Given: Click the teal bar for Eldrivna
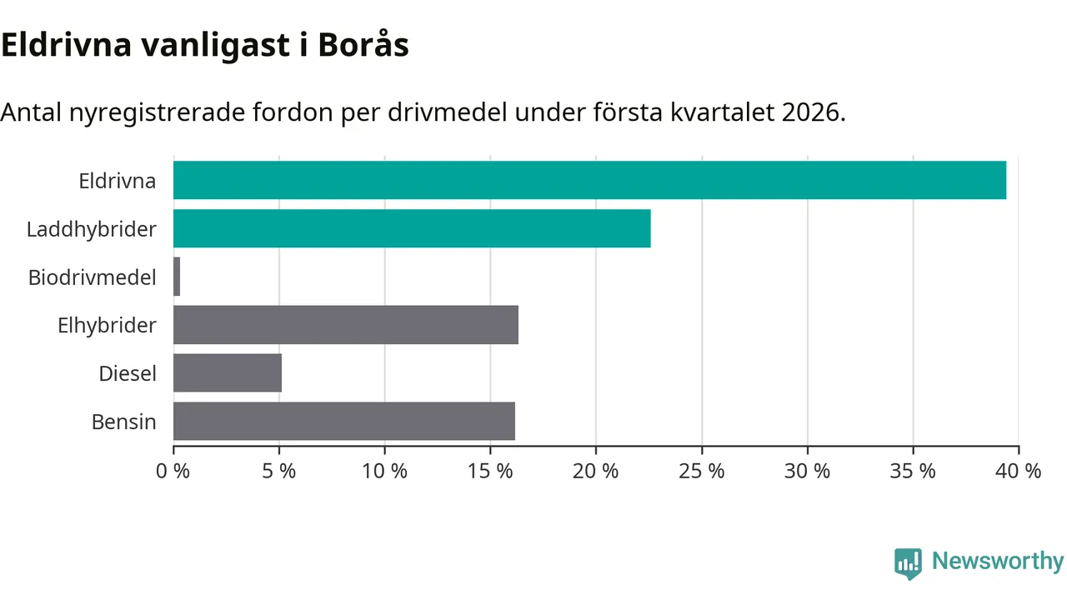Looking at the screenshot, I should coord(589,180).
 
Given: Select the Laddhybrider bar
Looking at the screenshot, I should coord(412,228).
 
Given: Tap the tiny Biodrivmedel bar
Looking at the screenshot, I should coord(177,277).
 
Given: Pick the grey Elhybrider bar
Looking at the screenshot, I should coord(346,325).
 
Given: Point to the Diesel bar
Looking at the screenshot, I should coord(228,373).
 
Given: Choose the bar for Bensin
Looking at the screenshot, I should coord(344,422).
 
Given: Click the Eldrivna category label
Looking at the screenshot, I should coord(118,181).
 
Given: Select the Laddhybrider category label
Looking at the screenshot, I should coord(92,229).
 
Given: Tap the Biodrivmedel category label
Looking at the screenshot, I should coord(93,277).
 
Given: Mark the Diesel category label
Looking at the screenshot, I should coord(128,374).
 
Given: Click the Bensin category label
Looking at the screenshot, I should coord(124,422).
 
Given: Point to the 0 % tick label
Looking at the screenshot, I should coord(173,471).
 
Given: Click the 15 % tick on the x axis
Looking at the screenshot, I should coord(490,471).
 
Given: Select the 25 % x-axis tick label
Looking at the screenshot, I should coord(702,471).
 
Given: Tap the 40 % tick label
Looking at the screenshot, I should coord(1019,471).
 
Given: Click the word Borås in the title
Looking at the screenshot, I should coord(363,46).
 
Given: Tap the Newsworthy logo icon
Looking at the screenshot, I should coord(908,563).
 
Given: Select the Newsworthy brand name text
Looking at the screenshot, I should coord(998,562).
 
